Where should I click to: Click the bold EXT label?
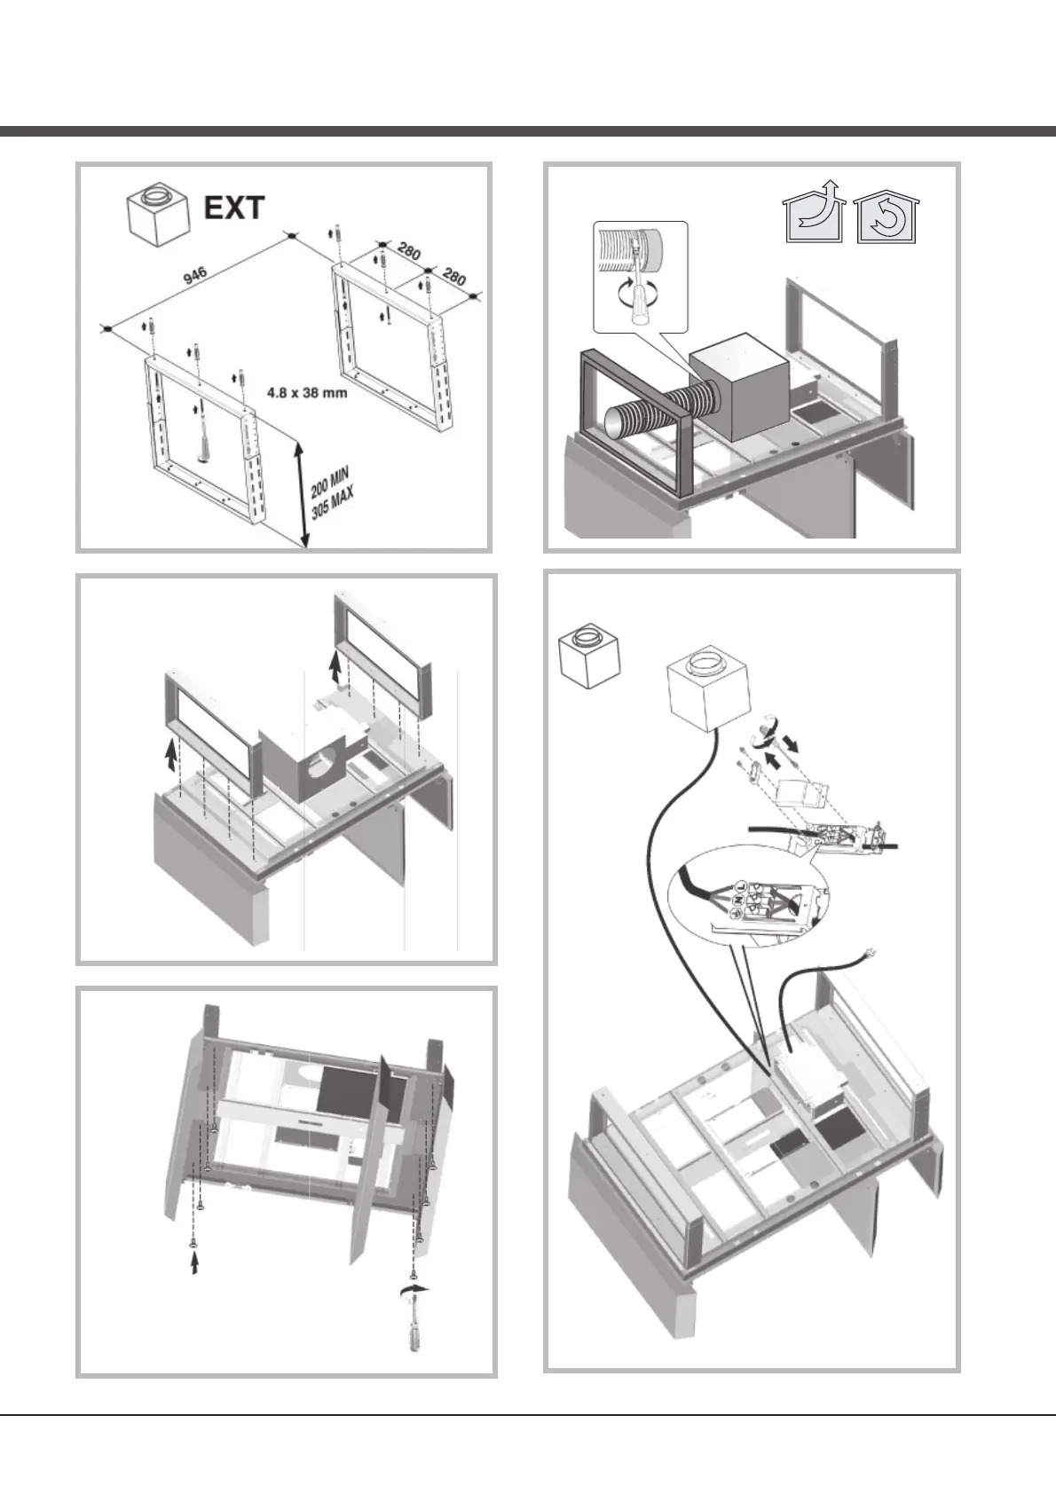[x=234, y=208]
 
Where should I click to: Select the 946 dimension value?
[x=195, y=275]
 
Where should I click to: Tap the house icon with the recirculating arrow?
[x=886, y=218]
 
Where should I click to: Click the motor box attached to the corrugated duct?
[x=738, y=388]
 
